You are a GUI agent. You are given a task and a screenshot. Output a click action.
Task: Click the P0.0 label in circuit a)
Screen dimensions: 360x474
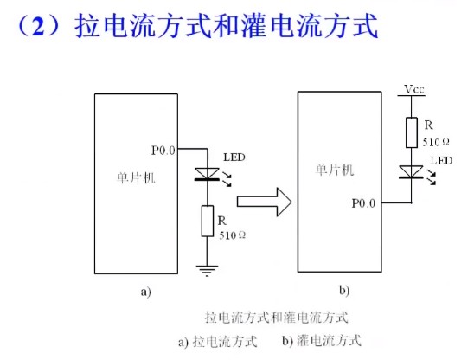coord(163,151)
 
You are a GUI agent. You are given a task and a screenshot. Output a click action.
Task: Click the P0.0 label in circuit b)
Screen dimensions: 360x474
coord(363,203)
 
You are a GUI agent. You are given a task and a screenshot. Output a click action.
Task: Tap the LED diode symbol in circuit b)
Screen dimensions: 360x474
coord(410,171)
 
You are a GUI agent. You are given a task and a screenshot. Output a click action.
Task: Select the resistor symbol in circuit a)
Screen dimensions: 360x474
coord(207,221)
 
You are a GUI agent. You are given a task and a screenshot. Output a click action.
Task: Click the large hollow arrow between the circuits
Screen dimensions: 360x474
coord(264,204)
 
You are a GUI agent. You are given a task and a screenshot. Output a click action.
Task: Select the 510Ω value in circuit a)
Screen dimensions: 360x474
coord(232,235)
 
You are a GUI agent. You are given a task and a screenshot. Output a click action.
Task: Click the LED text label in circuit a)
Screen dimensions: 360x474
coord(233,157)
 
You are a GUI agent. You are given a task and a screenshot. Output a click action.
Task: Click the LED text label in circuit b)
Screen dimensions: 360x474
coord(440,161)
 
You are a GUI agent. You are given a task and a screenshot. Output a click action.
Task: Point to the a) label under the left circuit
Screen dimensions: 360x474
coord(145,292)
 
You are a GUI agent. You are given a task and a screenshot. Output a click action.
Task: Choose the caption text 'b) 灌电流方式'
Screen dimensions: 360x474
coord(321,340)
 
